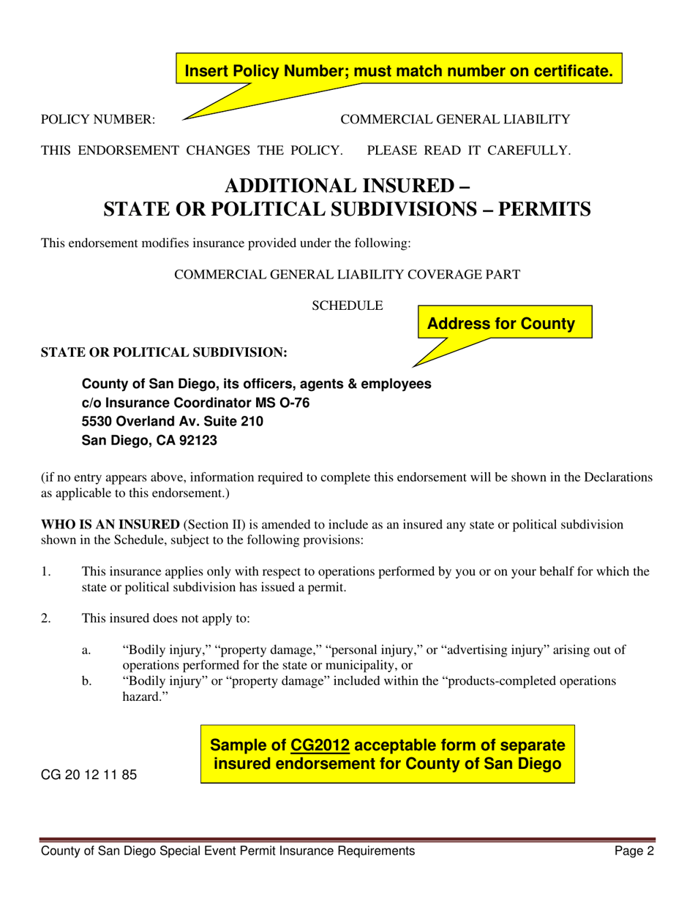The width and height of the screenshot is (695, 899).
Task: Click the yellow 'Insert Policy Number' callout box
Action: point(398,71)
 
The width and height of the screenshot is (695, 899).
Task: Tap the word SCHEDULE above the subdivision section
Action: point(347,306)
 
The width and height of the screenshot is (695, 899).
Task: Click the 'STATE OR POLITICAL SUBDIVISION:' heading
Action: point(164,352)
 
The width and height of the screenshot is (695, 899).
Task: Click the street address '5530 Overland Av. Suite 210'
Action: point(173,422)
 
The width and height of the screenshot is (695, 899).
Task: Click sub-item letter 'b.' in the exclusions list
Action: point(86,681)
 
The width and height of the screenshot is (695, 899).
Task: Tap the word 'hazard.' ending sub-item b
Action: point(140,698)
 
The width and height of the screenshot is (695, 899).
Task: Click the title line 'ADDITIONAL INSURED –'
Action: point(347,186)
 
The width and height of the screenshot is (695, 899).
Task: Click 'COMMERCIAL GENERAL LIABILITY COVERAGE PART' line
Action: point(347,275)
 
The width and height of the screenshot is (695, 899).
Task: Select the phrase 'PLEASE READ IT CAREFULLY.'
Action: point(468,151)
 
